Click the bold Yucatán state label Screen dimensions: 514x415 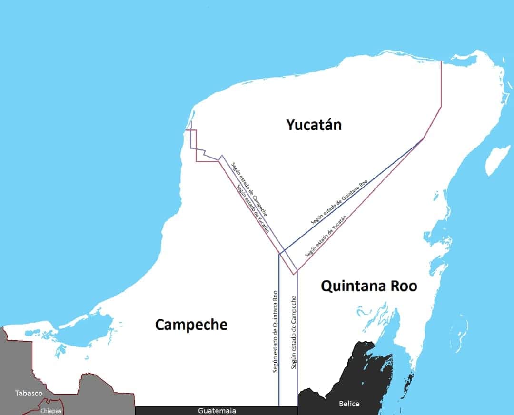pyautogui.click(x=314, y=125)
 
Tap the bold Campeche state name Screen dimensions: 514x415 pyautogui.click(x=191, y=325)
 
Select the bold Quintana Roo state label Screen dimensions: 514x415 pyautogui.click(x=369, y=286)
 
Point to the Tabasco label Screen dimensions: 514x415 pyautogui.click(x=29, y=393)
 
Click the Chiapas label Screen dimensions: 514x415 pyautogui.click(x=51, y=411)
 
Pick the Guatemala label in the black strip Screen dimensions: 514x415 pyautogui.click(x=217, y=411)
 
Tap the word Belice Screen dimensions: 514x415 pyautogui.click(x=349, y=404)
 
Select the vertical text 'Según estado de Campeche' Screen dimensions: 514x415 pyautogui.click(x=294, y=333)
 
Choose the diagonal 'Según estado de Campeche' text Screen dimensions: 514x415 pyautogui.click(x=249, y=189)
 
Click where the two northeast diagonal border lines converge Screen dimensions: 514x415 pyautogui.click(x=424, y=139)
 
